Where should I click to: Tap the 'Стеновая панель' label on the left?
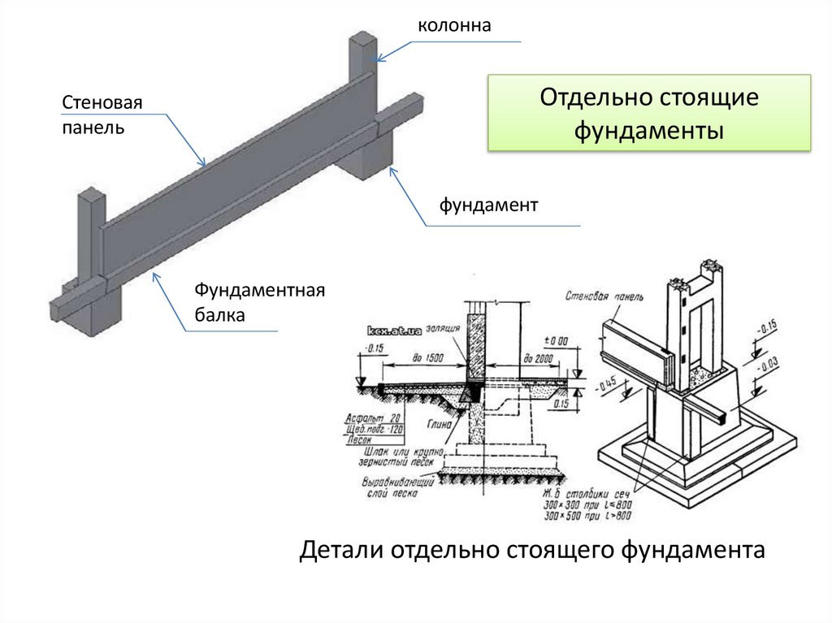[102, 115]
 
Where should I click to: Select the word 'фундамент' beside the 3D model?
[489, 206]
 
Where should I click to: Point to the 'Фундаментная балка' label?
[259, 302]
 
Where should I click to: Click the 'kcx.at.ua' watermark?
[393, 331]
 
